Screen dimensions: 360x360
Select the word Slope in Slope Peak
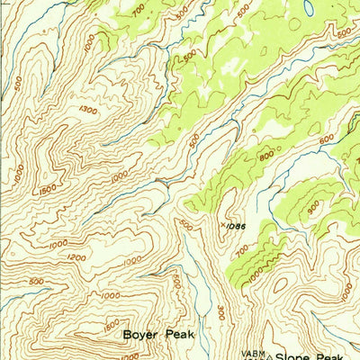click(296, 356)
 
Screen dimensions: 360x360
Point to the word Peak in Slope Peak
click(336, 356)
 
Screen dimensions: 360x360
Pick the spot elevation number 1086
click(236, 226)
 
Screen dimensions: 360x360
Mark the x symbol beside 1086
click(222, 225)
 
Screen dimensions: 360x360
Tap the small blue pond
click(309, 8)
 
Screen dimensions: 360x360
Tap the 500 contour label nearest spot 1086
click(184, 224)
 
